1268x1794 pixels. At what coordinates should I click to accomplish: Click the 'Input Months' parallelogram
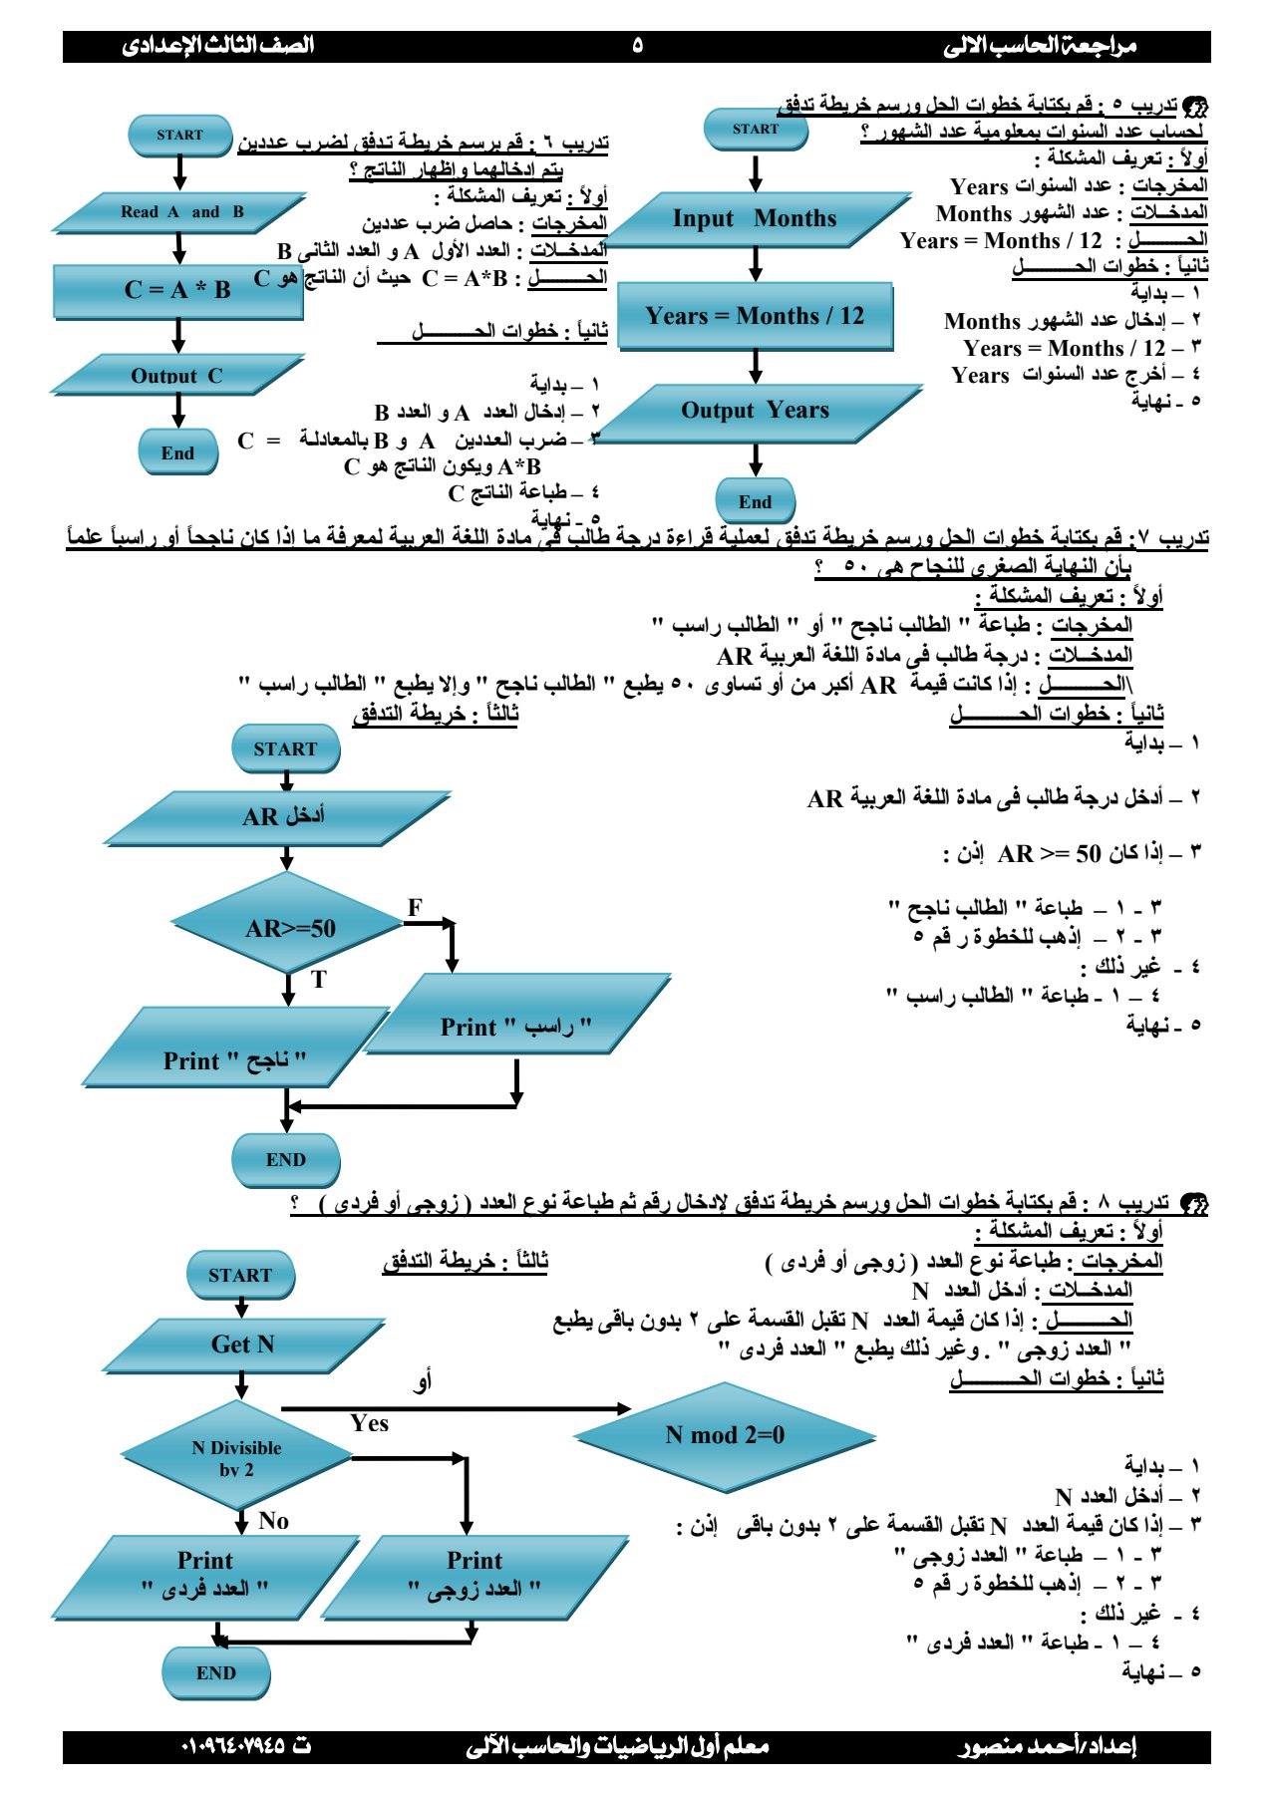(x=755, y=219)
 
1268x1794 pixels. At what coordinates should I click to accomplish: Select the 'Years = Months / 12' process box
(x=755, y=316)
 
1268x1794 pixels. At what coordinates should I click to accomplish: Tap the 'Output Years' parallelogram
(x=755, y=411)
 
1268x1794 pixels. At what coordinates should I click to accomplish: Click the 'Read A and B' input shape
(x=180, y=212)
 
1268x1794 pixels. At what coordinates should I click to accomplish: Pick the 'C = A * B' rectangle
(x=177, y=290)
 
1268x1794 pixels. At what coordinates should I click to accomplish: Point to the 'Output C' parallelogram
(x=176, y=376)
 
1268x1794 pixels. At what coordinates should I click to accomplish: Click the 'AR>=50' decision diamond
(x=289, y=929)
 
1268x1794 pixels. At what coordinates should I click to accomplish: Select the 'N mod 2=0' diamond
(x=725, y=1435)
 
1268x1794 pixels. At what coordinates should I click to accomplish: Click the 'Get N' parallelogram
(x=242, y=1345)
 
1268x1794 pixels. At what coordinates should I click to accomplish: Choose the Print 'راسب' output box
(x=516, y=1028)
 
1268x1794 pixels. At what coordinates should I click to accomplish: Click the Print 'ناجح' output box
(x=235, y=1060)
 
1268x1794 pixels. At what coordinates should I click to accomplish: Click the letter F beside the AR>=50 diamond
(x=415, y=907)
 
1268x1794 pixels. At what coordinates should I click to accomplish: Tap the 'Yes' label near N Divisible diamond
(x=369, y=1424)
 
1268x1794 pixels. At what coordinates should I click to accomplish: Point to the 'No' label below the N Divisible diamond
(x=273, y=1520)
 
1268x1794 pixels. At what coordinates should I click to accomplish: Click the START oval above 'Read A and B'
(x=179, y=136)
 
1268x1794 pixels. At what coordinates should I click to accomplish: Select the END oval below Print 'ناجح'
(x=286, y=1160)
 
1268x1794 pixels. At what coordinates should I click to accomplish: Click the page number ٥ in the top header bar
(x=637, y=45)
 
